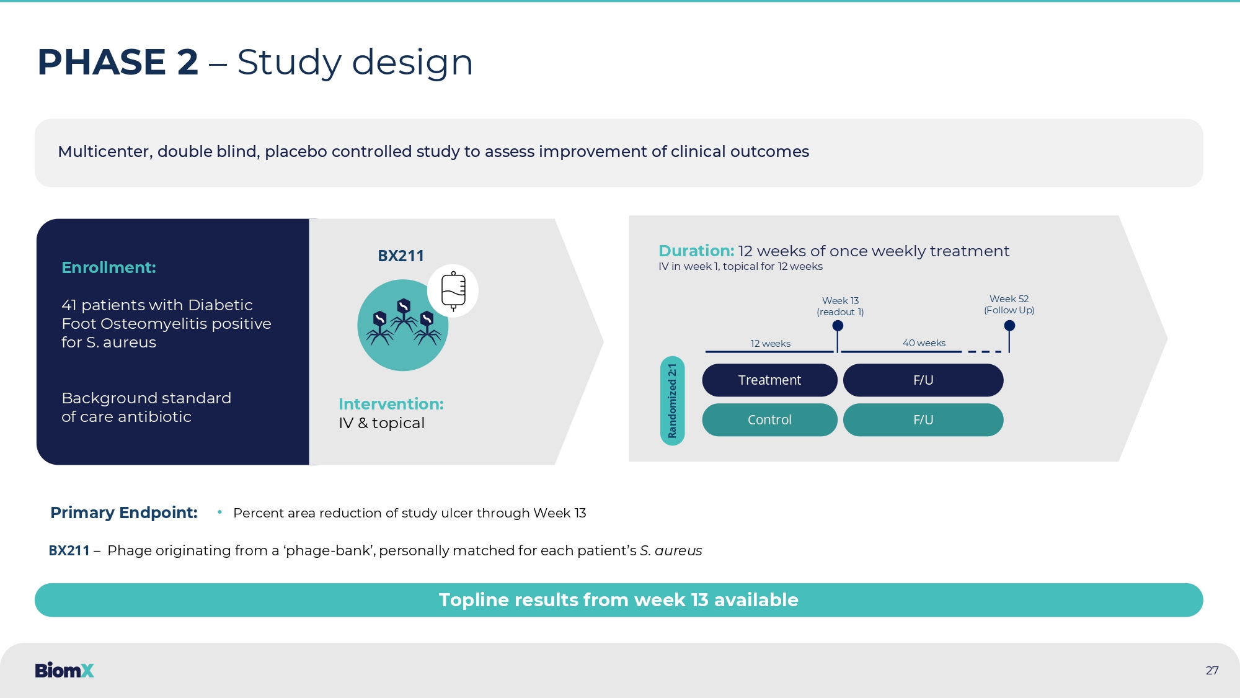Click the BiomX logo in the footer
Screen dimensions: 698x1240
64,670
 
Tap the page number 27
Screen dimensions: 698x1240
1212,670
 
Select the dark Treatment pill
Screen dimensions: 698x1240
769,380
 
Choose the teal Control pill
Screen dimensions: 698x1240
769,420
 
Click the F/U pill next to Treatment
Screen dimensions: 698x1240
923,380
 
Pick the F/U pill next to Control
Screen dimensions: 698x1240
923,420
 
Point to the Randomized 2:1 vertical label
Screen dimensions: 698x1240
673,401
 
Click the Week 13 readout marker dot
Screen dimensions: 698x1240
838,326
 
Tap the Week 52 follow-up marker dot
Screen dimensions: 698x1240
1009,326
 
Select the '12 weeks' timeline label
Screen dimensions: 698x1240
770,344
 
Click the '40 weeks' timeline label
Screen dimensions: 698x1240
924,343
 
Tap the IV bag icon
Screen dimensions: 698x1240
453,291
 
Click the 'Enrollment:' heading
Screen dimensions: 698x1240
108,267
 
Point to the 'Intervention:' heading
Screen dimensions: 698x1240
391,404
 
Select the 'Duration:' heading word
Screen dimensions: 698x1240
696,251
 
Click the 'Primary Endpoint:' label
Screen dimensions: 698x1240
123,512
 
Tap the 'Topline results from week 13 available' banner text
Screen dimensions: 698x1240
618,600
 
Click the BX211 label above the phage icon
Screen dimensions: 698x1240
401,256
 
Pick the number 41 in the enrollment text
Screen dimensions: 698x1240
69,305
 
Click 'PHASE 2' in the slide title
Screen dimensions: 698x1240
118,62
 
